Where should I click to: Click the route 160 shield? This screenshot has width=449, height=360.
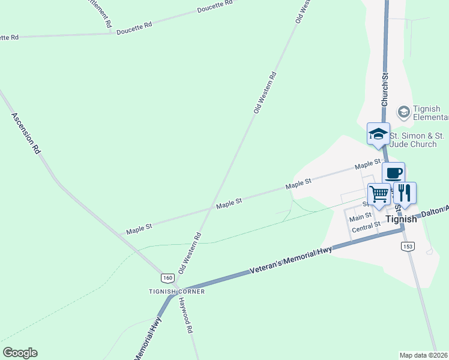(167, 278)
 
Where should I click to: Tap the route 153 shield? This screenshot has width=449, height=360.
(408, 247)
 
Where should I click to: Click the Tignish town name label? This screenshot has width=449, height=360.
(401, 220)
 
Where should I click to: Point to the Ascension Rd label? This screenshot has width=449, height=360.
(25, 133)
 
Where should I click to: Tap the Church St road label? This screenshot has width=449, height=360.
(385, 88)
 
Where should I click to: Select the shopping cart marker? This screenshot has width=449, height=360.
(379, 194)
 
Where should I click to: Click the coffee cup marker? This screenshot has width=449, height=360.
(393, 173)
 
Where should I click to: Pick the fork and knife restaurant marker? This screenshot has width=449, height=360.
(405, 193)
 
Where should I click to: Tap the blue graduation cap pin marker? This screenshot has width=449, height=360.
(379, 133)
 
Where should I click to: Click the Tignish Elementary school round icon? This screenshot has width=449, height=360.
(404, 112)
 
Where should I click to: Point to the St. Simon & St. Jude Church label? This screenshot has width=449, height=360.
(417, 140)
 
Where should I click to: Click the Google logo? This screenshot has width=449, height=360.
(20, 353)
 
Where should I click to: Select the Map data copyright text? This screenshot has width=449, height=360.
(424, 355)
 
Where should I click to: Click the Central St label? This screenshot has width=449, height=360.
(366, 227)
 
